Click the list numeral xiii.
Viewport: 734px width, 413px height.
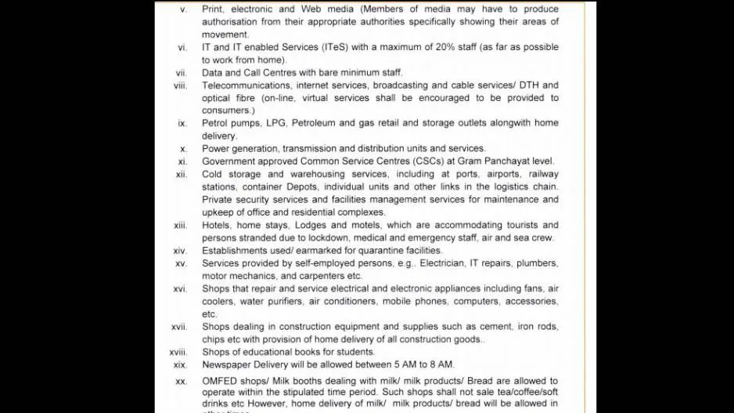tap(181, 226)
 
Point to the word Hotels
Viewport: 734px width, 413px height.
tap(216, 225)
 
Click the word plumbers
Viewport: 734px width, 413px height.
tap(538, 263)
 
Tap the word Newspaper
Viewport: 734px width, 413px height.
tap(228, 364)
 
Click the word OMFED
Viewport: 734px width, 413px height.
tap(220, 382)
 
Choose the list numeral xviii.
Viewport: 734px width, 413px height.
tap(178, 353)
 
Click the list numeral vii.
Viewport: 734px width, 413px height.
tap(182, 73)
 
